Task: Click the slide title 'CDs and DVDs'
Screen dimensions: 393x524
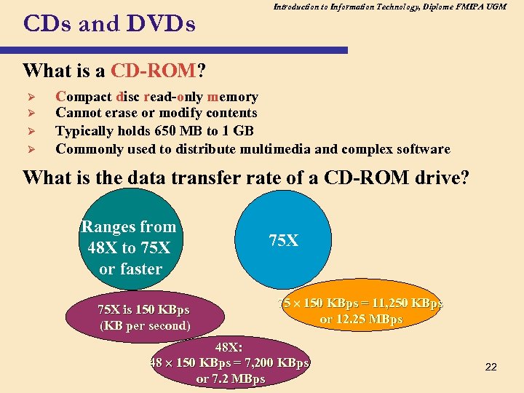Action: point(109,25)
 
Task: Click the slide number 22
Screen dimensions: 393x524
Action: point(491,367)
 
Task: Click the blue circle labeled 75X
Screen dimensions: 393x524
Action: point(283,240)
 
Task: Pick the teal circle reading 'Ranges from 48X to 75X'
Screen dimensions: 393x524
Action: point(130,247)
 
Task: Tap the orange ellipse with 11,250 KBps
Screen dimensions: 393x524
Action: point(361,311)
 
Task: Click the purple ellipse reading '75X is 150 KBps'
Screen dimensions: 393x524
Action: point(143,317)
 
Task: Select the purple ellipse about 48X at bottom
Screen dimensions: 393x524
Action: point(230,362)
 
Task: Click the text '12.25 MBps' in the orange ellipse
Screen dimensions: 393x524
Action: point(371,319)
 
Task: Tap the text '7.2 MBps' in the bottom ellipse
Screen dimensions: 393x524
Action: point(239,379)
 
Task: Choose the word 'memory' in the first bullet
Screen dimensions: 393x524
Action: point(233,97)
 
